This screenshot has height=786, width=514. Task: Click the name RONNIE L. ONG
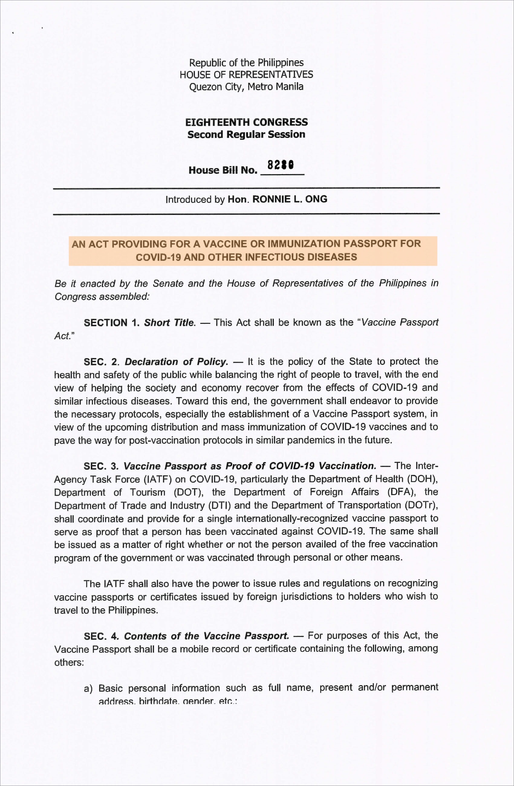(x=290, y=199)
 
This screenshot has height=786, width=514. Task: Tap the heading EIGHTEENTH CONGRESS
(x=246, y=122)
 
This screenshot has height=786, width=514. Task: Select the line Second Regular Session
(x=246, y=135)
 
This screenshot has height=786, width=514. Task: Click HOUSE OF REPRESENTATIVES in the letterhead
(x=246, y=75)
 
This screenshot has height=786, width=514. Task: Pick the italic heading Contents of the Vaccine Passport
(x=207, y=636)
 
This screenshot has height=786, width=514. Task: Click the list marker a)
(x=88, y=689)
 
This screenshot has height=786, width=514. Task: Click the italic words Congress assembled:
(x=102, y=297)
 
